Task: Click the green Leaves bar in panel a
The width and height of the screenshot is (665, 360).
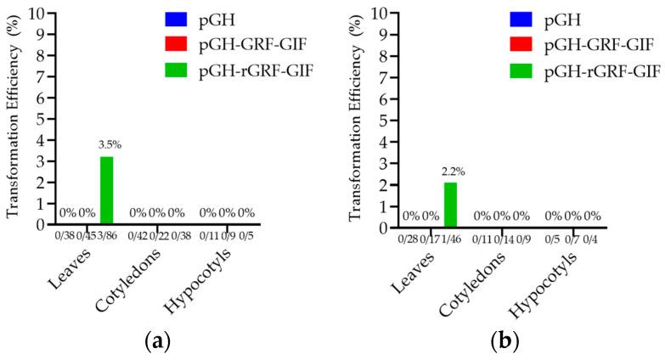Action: (107, 190)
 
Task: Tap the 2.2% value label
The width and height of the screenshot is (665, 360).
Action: (451, 172)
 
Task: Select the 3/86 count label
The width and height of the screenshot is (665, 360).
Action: (106, 235)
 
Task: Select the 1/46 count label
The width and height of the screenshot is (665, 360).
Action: (451, 239)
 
